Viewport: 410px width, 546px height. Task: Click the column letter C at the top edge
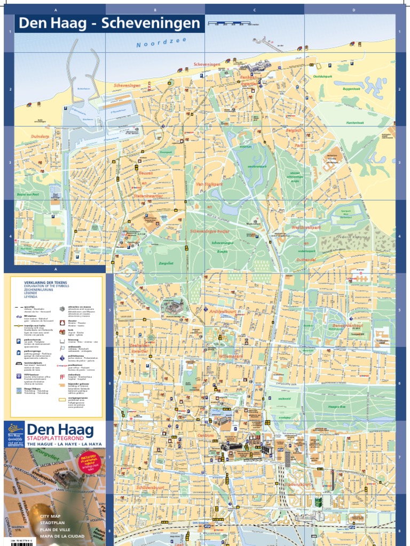pos(255,10)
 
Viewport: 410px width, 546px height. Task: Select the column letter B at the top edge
pos(155,10)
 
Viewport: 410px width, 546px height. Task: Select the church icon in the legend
pos(62,331)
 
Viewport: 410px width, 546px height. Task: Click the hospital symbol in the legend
pos(62,376)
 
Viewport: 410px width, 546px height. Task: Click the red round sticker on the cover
pos(88,460)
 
